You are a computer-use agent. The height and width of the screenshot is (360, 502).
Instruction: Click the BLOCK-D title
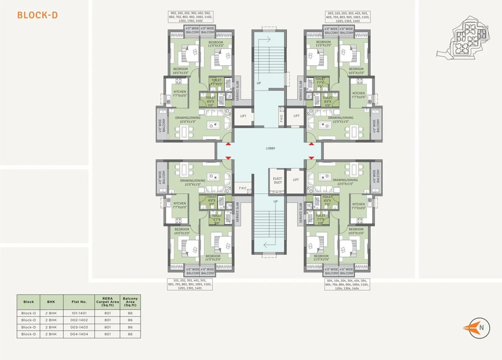(37, 15)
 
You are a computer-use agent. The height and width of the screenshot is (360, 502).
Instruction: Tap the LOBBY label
(270, 148)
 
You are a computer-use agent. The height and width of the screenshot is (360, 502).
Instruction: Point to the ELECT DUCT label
(278, 180)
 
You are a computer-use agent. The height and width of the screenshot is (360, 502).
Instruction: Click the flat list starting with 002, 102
(192, 17)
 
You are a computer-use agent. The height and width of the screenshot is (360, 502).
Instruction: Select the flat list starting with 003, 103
(347, 17)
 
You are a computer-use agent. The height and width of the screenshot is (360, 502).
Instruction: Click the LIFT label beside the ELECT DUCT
(296, 180)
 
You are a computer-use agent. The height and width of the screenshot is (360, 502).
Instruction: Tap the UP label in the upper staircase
(258, 83)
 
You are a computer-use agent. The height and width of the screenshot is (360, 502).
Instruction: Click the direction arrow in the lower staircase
(269, 244)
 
